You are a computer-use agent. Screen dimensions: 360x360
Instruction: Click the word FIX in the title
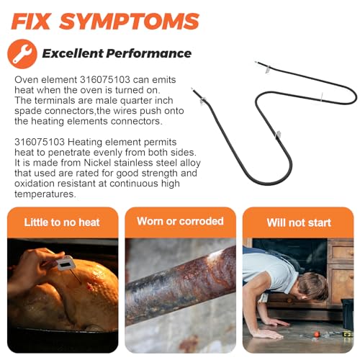(31, 21)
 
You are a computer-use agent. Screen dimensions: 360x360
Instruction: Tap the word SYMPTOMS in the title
(130, 21)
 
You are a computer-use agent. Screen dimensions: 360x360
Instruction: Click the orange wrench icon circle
(22, 54)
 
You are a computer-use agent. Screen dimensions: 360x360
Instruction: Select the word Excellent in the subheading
(73, 53)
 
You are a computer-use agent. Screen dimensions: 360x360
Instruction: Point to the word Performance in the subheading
(149, 53)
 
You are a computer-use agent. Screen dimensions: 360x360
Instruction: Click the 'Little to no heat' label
(62, 222)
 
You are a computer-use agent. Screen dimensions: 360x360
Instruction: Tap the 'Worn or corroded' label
(180, 221)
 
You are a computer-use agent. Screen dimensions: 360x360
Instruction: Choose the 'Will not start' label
(299, 222)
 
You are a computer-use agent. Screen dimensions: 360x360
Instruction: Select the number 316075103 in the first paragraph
(105, 79)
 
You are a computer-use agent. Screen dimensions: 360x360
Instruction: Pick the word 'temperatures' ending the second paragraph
(45, 194)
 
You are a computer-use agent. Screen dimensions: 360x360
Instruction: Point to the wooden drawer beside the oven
(341, 252)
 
